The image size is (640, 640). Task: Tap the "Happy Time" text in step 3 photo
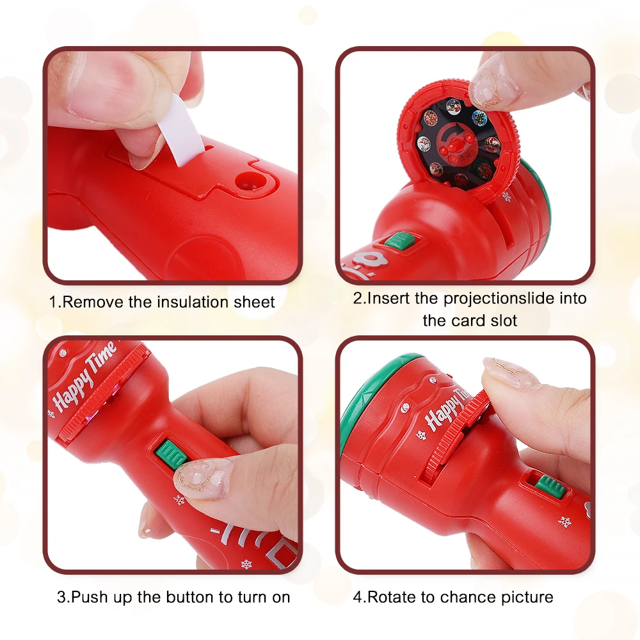pyautogui.click(x=84, y=376)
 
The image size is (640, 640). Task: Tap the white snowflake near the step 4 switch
pyautogui.click(x=565, y=522)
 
